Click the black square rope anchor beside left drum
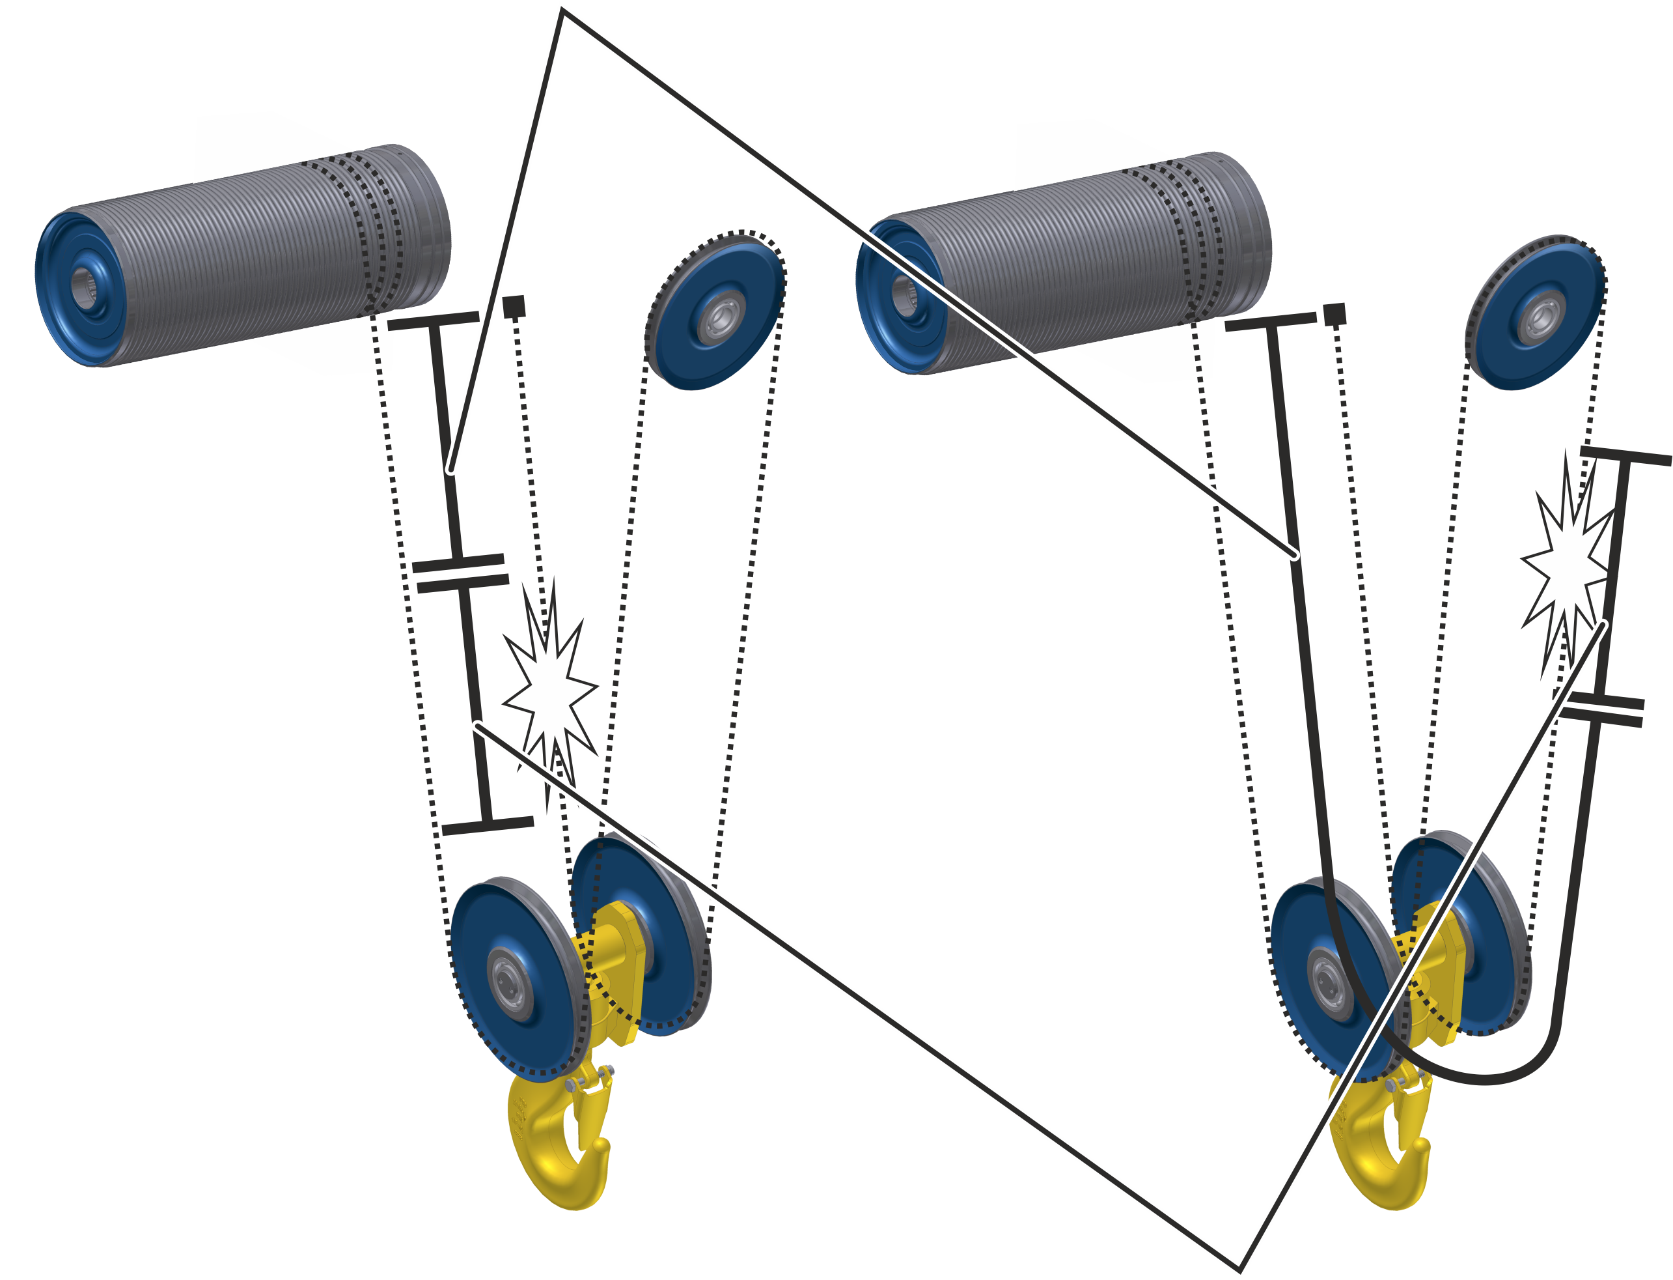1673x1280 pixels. point(515,307)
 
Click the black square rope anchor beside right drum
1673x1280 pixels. point(1334,314)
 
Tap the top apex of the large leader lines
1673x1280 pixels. point(562,10)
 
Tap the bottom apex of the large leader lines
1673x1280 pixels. point(1239,1268)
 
